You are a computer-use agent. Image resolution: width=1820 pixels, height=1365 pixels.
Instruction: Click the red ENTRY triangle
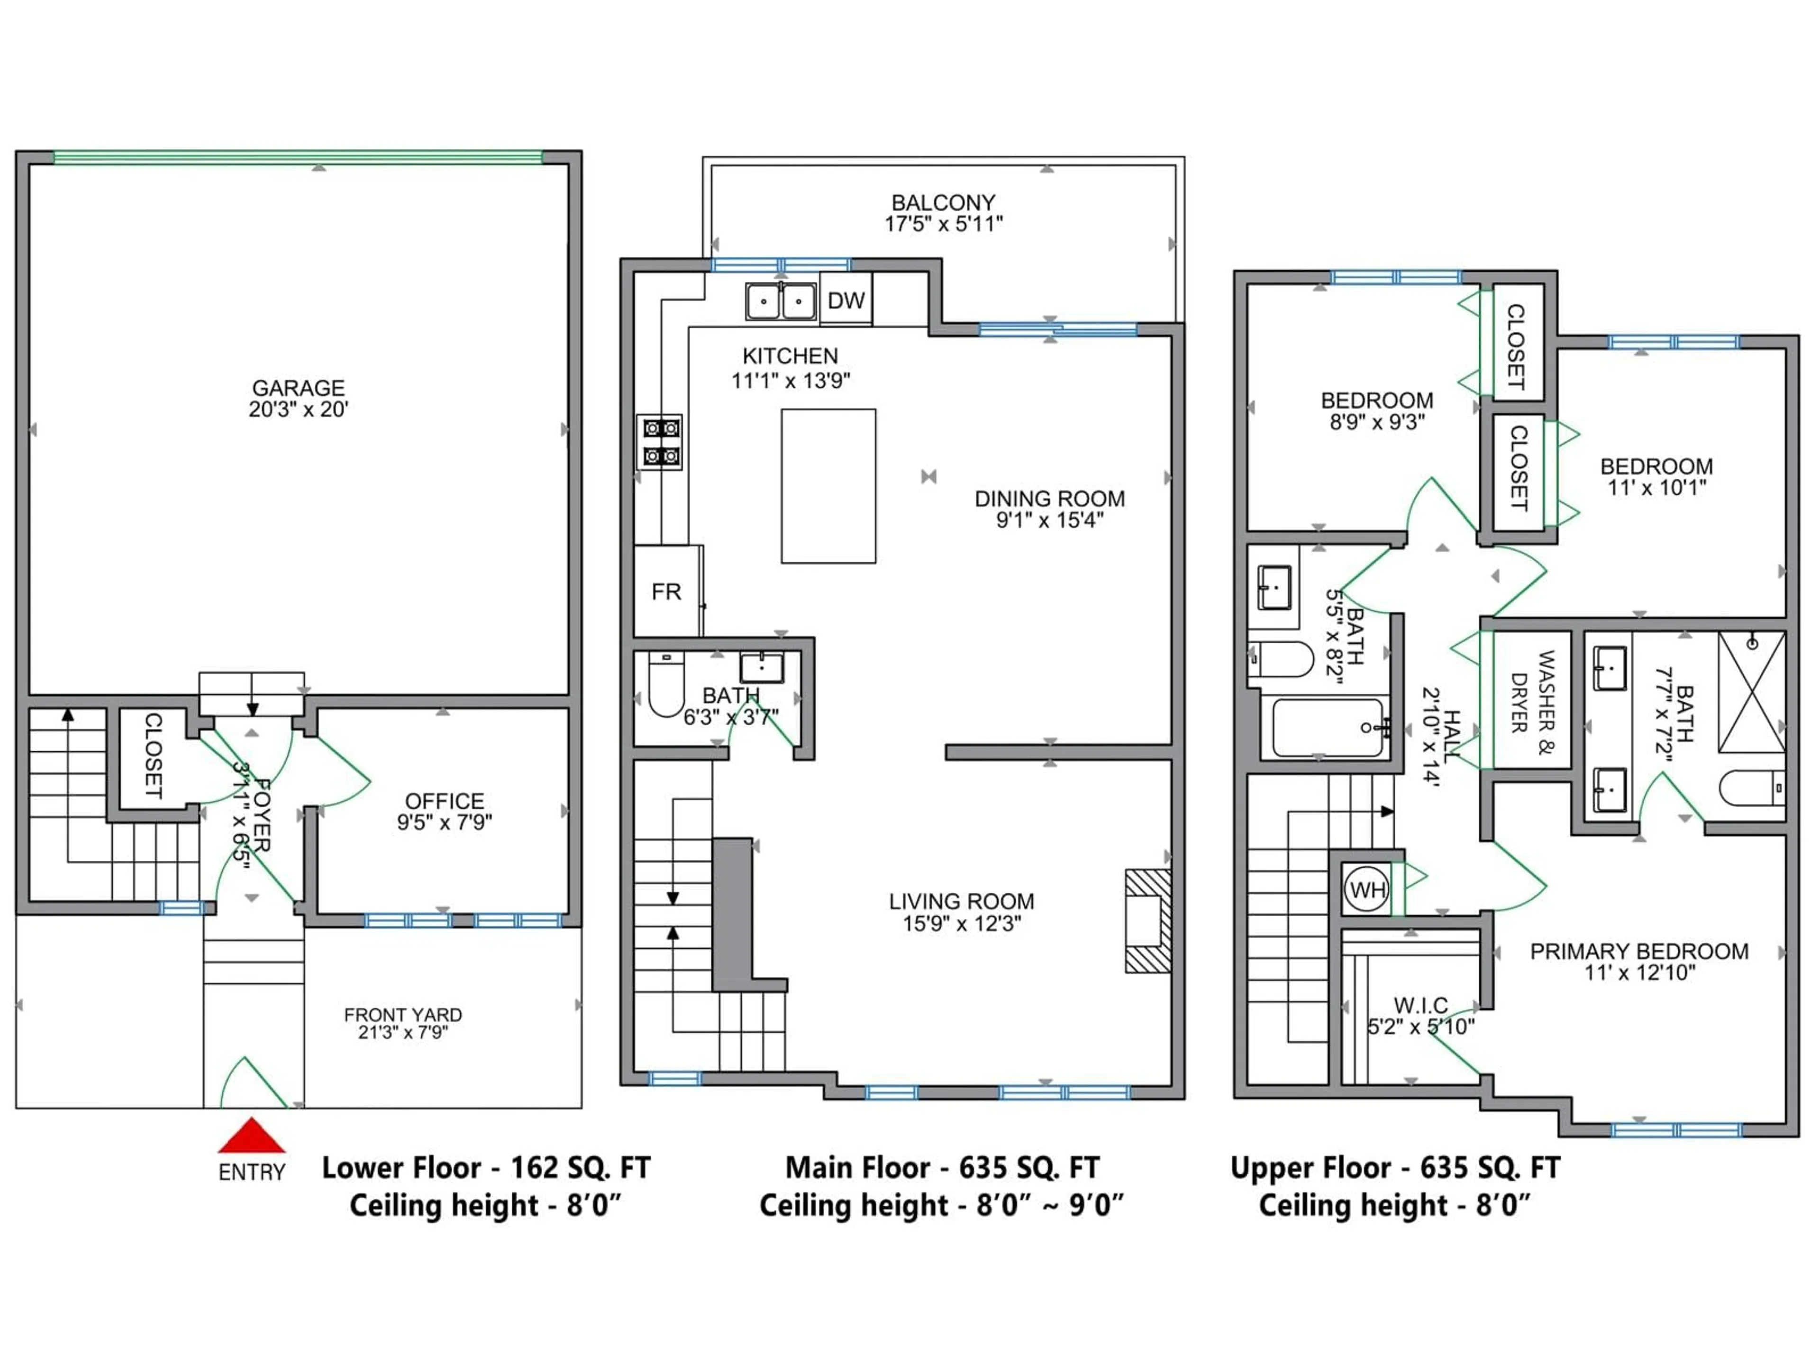point(252,1136)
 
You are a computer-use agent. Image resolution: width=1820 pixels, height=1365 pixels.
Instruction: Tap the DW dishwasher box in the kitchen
point(846,300)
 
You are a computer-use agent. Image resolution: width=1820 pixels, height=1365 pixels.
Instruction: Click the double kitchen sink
point(781,301)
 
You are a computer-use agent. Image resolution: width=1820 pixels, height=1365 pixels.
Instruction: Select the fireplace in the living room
point(1148,921)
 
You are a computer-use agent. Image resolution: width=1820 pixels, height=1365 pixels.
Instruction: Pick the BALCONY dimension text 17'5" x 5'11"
point(944,224)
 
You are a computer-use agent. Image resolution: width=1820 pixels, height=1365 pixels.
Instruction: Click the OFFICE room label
point(444,801)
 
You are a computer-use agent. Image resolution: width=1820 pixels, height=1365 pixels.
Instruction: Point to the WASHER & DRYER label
point(1532,691)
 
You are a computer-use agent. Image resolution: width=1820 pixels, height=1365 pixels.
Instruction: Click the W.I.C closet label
point(1421,1005)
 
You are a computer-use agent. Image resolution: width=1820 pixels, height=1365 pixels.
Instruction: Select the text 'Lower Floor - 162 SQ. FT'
point(485,1167)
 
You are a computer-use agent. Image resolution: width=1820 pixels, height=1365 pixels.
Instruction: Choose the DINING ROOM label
point(1049,499)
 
